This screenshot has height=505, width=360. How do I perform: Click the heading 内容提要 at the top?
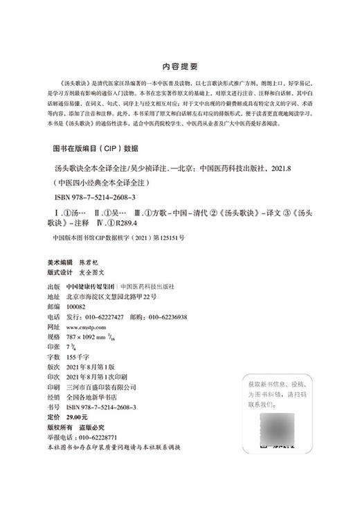(x=180, y=67)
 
